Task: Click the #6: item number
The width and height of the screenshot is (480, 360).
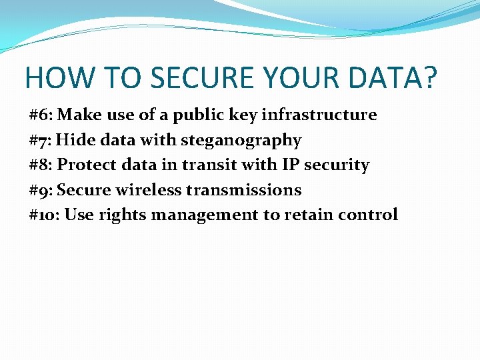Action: pyautogui.click(x=41, y=115)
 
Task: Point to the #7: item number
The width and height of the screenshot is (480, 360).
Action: pyautogui.click(x=41, y=141)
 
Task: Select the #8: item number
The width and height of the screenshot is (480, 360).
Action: pyautogui.click(x=41, y=165)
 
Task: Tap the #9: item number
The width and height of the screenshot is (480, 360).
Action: pyautogui.click(x=41, y=191)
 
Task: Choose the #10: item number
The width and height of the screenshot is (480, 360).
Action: pyautogui.click(x=45, y=215)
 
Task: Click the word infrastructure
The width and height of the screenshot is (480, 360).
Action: pyautogui.click(x=319, y=115)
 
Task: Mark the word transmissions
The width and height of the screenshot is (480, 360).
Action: pyautogui.click(x=244, y=191)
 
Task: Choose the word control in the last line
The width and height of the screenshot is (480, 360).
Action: pyautogui.click(x=369, y=215)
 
